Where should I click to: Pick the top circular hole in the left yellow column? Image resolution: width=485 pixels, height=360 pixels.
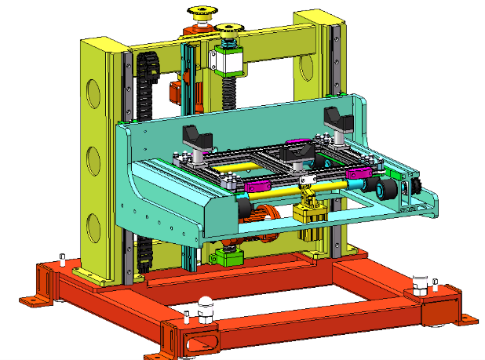coord(93,93)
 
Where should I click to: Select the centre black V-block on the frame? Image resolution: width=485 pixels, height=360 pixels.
coord(297,152)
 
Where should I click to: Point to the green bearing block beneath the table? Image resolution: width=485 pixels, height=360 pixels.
coord(228,256)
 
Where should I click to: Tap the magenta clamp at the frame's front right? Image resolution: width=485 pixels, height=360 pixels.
coord(359,173)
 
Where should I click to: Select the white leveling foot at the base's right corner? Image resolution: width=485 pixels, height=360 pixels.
coord(421,282)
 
